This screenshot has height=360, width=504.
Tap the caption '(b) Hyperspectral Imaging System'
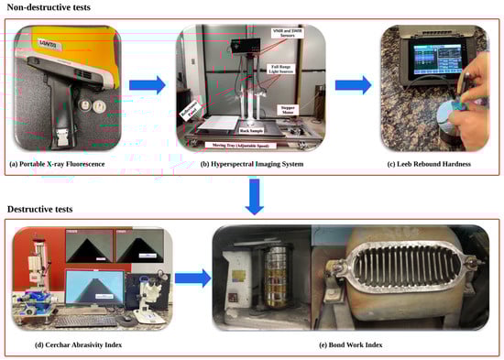pos(256,162)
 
